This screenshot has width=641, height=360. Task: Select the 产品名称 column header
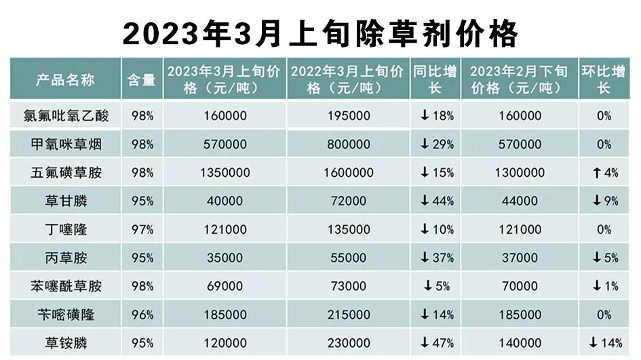coord(65,79)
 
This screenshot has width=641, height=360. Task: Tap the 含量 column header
coord(141,79)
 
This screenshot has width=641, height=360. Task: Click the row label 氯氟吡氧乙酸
coord(65,116)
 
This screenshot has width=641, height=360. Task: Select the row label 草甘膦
coord(65,201)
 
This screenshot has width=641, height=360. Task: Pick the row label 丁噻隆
coord(65,230)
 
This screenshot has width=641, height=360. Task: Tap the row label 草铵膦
coord(65,343)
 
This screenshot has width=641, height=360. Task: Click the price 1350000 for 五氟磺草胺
coord(224,173)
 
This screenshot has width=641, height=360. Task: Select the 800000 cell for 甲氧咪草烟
coord(349,144)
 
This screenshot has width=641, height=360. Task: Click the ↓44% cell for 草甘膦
coord(437,201)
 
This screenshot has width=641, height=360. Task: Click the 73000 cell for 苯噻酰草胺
coord(349,286)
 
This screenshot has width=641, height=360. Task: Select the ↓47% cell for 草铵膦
coord(437,343)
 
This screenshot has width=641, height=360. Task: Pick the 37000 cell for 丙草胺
coord(519,258)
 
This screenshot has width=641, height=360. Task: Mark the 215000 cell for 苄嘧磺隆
coord(349,315)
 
